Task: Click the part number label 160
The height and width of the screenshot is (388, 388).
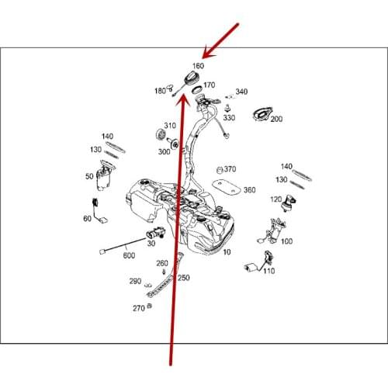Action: (198, 66)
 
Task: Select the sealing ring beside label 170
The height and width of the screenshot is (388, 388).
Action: (197, 90)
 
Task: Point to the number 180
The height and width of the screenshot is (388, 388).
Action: (160, 91)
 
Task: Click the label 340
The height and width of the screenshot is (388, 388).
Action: (241, 92)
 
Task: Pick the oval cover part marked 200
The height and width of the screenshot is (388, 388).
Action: (262, 114)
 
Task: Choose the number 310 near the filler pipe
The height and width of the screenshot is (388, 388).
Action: (170, 126)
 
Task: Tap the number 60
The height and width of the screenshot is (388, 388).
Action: (87, 219)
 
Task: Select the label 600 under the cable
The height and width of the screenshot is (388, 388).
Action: (129, 255)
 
